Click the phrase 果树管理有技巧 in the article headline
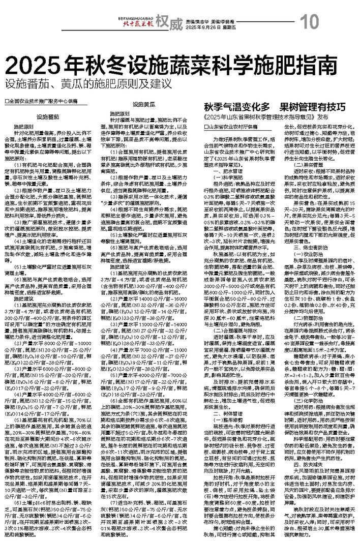pyautogui.click(x=314, y=107)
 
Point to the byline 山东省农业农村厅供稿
pyautogui.click(x=232, y=126)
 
